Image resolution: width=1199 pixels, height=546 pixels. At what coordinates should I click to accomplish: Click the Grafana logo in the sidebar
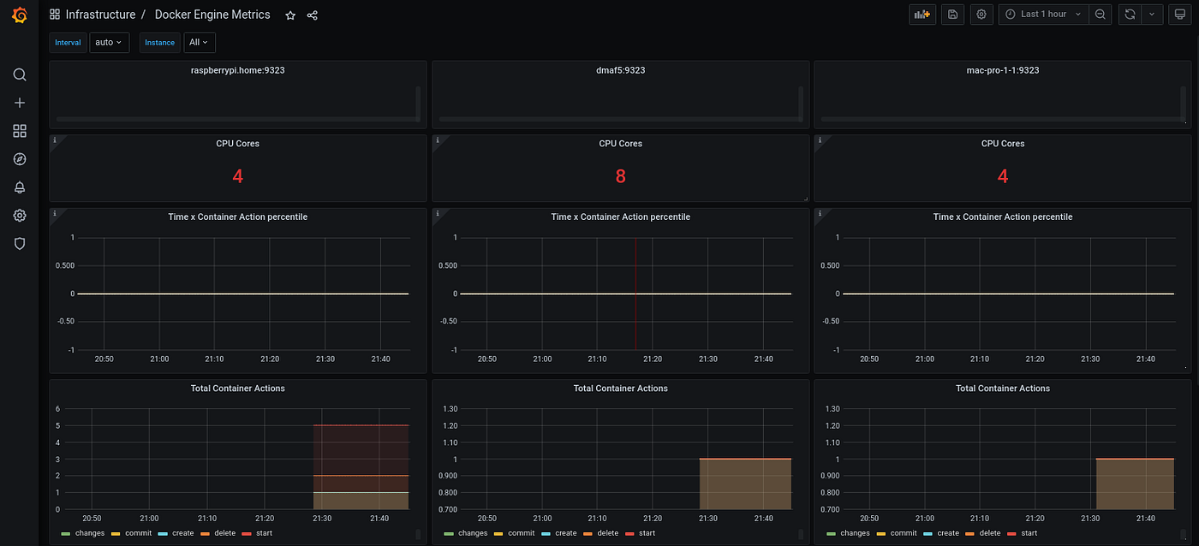tap(19, 15)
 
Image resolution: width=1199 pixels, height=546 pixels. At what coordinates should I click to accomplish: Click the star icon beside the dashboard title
tap(290, 15)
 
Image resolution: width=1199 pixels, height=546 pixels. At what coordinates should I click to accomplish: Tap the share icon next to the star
tap(313, 15)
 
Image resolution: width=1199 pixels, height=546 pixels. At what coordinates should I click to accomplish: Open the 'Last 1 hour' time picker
tap(1043, 15)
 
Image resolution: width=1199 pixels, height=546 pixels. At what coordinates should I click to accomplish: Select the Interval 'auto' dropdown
tap(109, 43)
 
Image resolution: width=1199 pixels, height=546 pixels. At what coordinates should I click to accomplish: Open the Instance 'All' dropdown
tap(199, 43)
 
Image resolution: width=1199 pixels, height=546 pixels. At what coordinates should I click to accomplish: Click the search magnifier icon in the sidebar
tap(20, 75)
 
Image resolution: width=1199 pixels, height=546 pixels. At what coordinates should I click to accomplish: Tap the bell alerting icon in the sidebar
tap(20, 187)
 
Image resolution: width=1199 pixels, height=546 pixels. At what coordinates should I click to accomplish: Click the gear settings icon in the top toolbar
tap(981, 15)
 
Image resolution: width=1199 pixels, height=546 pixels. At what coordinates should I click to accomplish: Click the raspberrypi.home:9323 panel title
tap(238, 70)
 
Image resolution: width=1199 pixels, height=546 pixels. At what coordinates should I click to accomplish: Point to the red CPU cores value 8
tap(620, 176)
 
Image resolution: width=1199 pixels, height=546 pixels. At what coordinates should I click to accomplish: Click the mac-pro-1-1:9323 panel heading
tap(1002, 70)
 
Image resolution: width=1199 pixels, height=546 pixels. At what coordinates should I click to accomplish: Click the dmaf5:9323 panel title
tap(620, 70)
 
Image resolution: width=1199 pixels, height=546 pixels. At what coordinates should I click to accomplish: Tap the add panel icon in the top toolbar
tap(922, 15)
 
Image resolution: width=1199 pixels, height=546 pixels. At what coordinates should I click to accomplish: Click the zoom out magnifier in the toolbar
tap(1101, 15)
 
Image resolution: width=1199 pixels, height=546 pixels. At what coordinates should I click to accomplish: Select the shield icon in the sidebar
tap(20, 244)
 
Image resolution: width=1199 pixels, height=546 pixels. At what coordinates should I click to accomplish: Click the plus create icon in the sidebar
tap(20, 103)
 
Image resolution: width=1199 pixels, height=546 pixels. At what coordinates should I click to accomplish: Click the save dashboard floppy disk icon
tap(952, 15)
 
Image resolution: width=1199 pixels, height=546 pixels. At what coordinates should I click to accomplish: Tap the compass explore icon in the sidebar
tap(20, 159)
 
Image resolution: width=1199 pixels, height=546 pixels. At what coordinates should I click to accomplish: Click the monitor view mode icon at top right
tap(1179, 15)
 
